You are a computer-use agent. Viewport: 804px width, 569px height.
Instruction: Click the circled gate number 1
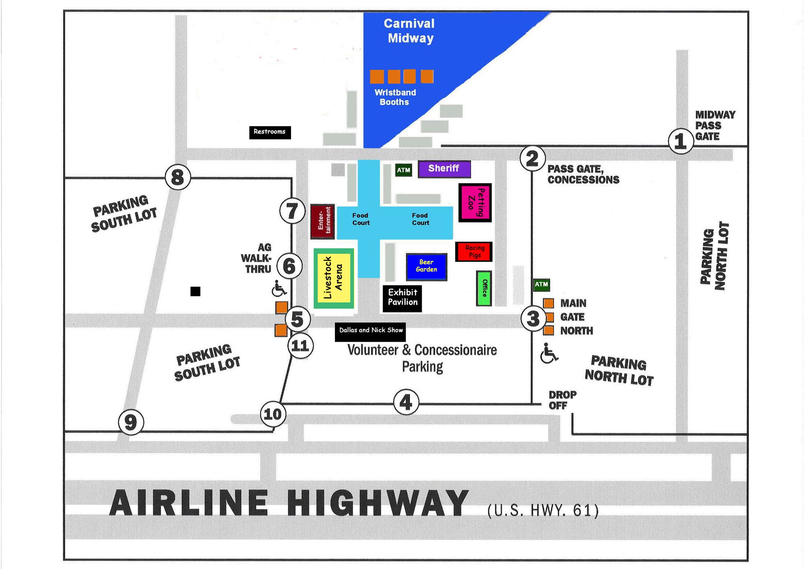coord(680,141)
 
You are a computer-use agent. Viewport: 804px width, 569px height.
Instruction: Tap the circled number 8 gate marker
coord(178,177)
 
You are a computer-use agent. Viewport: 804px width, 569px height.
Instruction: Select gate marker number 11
coord(300,345)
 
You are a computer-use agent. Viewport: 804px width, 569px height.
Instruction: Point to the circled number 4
coord(406,402)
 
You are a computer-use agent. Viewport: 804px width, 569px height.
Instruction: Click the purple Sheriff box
coord(444,169)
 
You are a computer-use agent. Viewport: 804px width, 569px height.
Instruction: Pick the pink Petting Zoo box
coord(475,203)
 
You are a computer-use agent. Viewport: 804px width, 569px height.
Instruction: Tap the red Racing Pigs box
coord(474,252)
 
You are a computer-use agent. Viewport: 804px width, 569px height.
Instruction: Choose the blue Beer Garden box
coord(427,266)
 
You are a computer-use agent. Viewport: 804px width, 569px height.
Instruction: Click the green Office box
coord(484,288)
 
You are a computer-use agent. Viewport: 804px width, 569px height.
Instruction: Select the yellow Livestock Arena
coord(334,278)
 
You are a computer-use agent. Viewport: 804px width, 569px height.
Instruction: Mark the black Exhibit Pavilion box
coord(402,298)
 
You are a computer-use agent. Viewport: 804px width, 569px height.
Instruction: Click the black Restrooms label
coord(270,132)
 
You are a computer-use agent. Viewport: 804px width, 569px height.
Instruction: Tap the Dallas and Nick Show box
coord(370,331)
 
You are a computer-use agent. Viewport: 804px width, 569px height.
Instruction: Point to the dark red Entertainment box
coord(322,221)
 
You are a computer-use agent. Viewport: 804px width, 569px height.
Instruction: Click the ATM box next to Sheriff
coord(404,170)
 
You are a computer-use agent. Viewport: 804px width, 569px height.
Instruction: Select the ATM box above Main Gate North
coord(541,285)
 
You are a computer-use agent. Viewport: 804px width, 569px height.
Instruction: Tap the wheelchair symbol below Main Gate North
coord(548,353)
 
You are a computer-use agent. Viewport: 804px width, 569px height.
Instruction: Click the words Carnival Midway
coord(410,31)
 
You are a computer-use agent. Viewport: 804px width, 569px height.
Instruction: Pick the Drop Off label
coord(562,400)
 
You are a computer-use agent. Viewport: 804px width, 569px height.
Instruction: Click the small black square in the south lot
coord(195,291)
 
